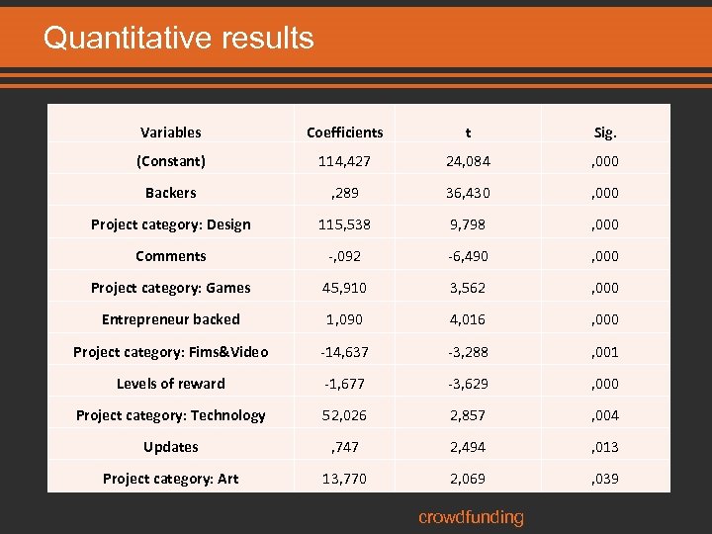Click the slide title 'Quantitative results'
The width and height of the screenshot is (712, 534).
click(178, 38)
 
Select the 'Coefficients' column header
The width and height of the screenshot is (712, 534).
click(344, 132)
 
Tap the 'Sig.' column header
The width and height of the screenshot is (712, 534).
click(605, 132)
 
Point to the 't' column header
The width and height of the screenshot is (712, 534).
click(468, 132)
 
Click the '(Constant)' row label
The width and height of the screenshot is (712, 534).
click(170, 160)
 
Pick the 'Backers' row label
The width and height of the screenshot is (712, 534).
click(170, 193)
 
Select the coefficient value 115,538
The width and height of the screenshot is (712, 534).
click(344, 224)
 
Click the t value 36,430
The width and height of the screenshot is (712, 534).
click(468, 193)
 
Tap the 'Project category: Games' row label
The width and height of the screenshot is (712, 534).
click(170, 288)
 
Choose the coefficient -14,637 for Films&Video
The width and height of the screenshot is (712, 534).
click(344, 351)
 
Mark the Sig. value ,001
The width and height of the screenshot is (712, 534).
click(605, 351)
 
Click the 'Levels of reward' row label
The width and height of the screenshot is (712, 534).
click(170, 383)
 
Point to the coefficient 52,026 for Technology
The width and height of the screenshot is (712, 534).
click(344, 415)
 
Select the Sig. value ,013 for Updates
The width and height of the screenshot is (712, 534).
click(605, 447)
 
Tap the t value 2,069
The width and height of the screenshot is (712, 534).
click(468, 479)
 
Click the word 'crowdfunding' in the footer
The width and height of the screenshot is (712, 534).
click(471, 517)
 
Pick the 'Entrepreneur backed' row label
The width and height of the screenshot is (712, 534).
click(170, 319)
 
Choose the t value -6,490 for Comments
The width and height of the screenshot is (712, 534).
click(468, 256)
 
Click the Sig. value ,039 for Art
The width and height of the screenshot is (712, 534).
click(605, 479)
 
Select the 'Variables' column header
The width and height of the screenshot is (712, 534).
click(170, 132)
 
